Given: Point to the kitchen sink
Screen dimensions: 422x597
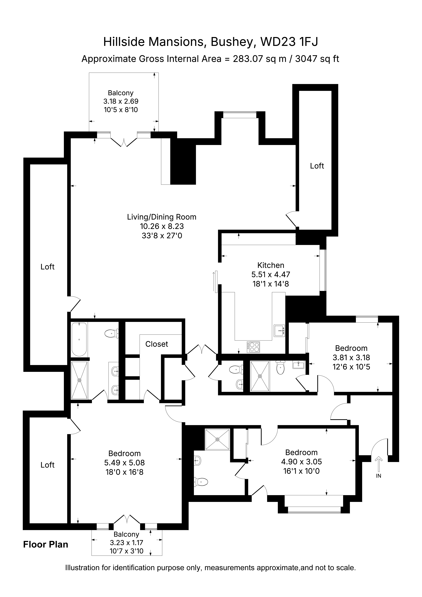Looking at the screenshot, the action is (279, 331).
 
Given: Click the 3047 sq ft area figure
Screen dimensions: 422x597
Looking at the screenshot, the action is (317, 59).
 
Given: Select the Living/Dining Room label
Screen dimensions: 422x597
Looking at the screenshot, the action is (162, 217).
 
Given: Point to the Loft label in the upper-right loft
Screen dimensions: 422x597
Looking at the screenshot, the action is (317, 166).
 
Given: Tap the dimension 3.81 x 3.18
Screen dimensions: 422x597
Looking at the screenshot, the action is (351, 358).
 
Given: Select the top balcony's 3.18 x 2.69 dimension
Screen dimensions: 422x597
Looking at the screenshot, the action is (121, 101).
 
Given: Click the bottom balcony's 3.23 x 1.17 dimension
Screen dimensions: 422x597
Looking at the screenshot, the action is (126, 543).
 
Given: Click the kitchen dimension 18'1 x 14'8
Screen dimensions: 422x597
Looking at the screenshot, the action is (271, 284).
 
